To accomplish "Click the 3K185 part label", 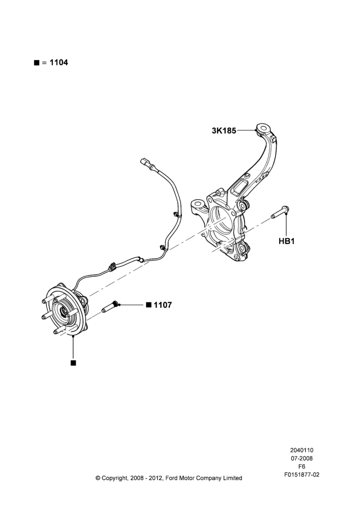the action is [x=224, y=131].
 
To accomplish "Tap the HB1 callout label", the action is [x=286, y=241].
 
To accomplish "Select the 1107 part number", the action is [x=163, y=305].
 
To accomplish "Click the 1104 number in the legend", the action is [x=58, y=62].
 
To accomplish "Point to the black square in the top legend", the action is [x=36, y=63].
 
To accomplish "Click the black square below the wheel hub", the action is [x=73, y=363].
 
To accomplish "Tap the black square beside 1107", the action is [x=148, y=305].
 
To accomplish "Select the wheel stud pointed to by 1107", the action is [x=111, y=307].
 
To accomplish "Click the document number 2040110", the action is [x=302, y=450].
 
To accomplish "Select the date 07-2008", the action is [x=302, y=458].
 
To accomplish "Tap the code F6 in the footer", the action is [x=302, y=466].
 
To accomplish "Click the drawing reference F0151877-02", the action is [x=302, y=474].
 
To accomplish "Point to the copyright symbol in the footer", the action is [x=98, y=478].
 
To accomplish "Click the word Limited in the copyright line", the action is [x=232, y=478].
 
